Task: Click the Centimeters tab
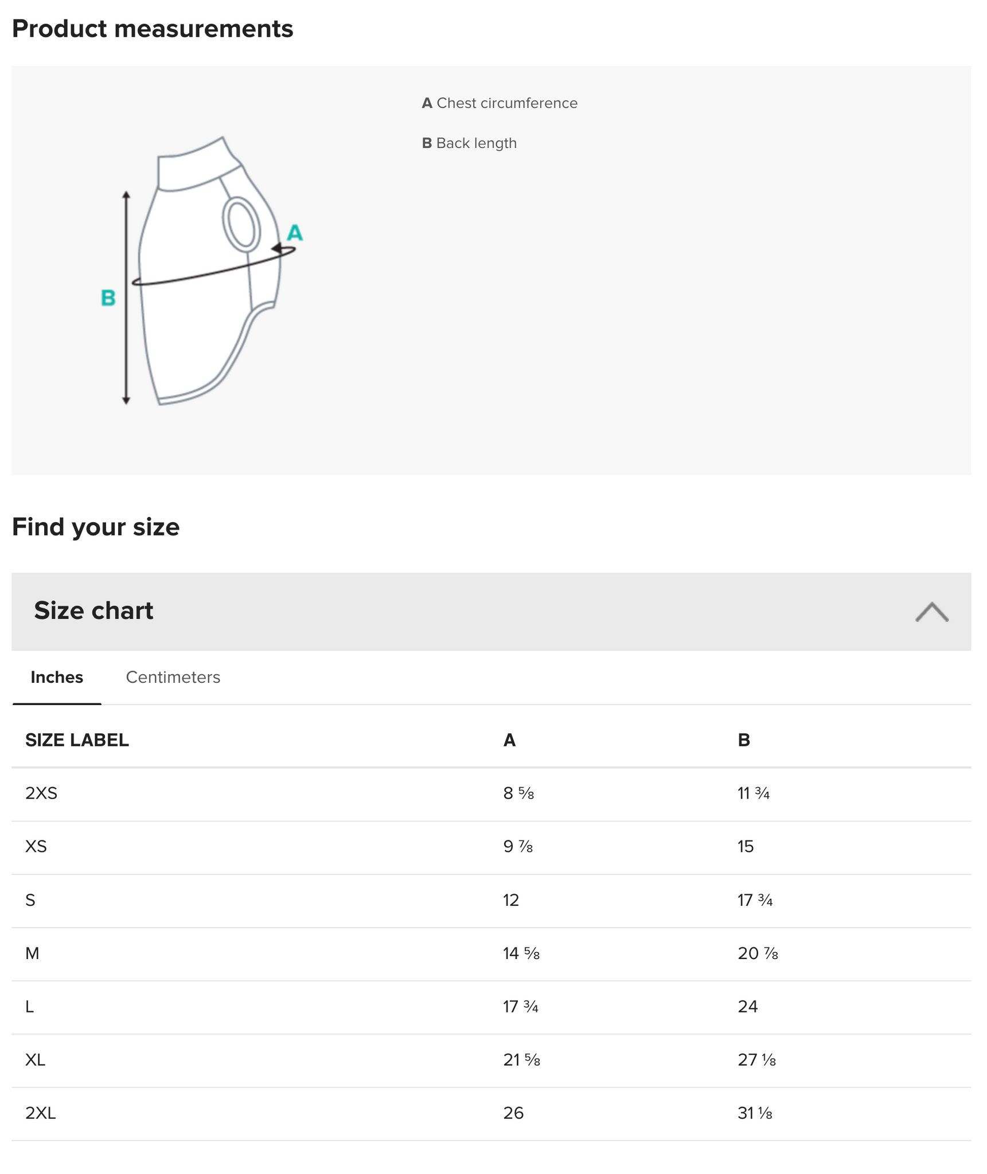173,677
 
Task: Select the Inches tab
57,677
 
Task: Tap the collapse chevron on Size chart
931,612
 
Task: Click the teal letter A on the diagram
294,233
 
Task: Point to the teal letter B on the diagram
108,298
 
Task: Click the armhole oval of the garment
241,224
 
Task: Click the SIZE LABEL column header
77,740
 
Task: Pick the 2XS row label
41,793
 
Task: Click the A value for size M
521,953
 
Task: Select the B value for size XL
756,1060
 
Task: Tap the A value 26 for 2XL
513,1113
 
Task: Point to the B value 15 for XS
746,847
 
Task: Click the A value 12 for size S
511,900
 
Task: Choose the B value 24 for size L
748,1007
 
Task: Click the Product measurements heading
153,29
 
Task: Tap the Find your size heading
96,527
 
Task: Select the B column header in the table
743,740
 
